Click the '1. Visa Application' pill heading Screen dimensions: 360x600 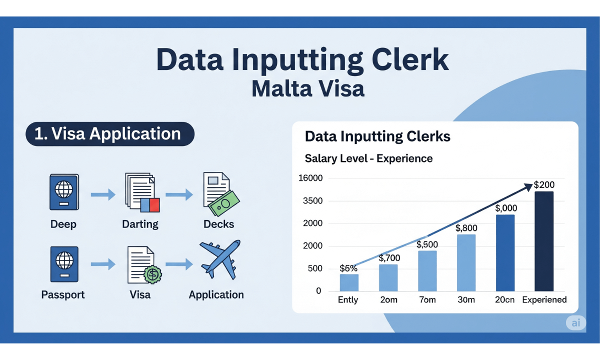tap(109, 134)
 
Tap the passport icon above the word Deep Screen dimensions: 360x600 tap(63, 192)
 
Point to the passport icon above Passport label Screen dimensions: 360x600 tap(63, 264)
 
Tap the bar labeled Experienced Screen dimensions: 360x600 tap(544, 241)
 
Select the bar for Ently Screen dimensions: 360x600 tap(349, 282)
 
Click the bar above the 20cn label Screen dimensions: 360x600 tap(505, 252)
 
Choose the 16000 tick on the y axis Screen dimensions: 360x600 tap(310, 178)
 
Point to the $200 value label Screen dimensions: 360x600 tap(544, 185)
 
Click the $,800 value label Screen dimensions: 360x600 tap(466, 228)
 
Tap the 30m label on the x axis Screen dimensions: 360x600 tap(466, 300)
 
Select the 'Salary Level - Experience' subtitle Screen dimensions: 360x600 tap(368, 158)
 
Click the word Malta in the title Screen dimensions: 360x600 tap(283, 88)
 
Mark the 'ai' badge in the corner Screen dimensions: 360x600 tap(576, 323)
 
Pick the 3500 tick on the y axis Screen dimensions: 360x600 tap(313, 201)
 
